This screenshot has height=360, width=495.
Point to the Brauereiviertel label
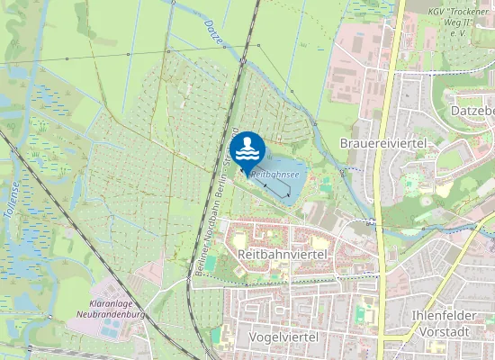pos(382,143)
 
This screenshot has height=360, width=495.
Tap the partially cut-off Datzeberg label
pos(471,110)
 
